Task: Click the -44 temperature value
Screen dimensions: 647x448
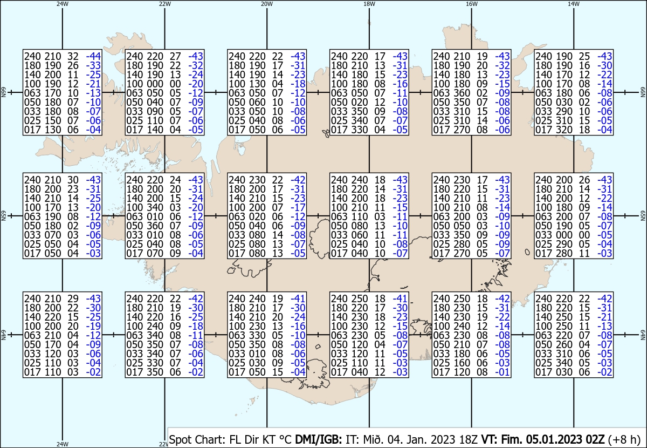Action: pos(93,56)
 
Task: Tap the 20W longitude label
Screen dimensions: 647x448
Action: pos(267,4)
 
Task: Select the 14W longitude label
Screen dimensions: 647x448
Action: pos(574,4)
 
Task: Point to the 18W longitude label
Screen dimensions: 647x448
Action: pos(369,4)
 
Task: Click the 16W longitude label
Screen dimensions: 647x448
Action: pos(471,4)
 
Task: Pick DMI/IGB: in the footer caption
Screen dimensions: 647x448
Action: pos(318,439)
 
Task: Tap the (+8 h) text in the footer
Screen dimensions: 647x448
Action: pos(624,439)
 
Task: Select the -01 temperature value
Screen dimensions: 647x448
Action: pos(503,372)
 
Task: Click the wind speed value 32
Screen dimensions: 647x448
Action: pos(73,56)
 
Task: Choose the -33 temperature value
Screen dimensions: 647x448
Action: pos(93,65)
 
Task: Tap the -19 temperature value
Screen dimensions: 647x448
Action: pos(93,326)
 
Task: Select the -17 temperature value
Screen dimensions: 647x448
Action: pos(298,207)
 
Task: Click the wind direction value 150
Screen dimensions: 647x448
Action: pos(53,120)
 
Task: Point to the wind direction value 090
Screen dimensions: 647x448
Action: pos(155,111)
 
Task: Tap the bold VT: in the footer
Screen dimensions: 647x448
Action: pos(490,439)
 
